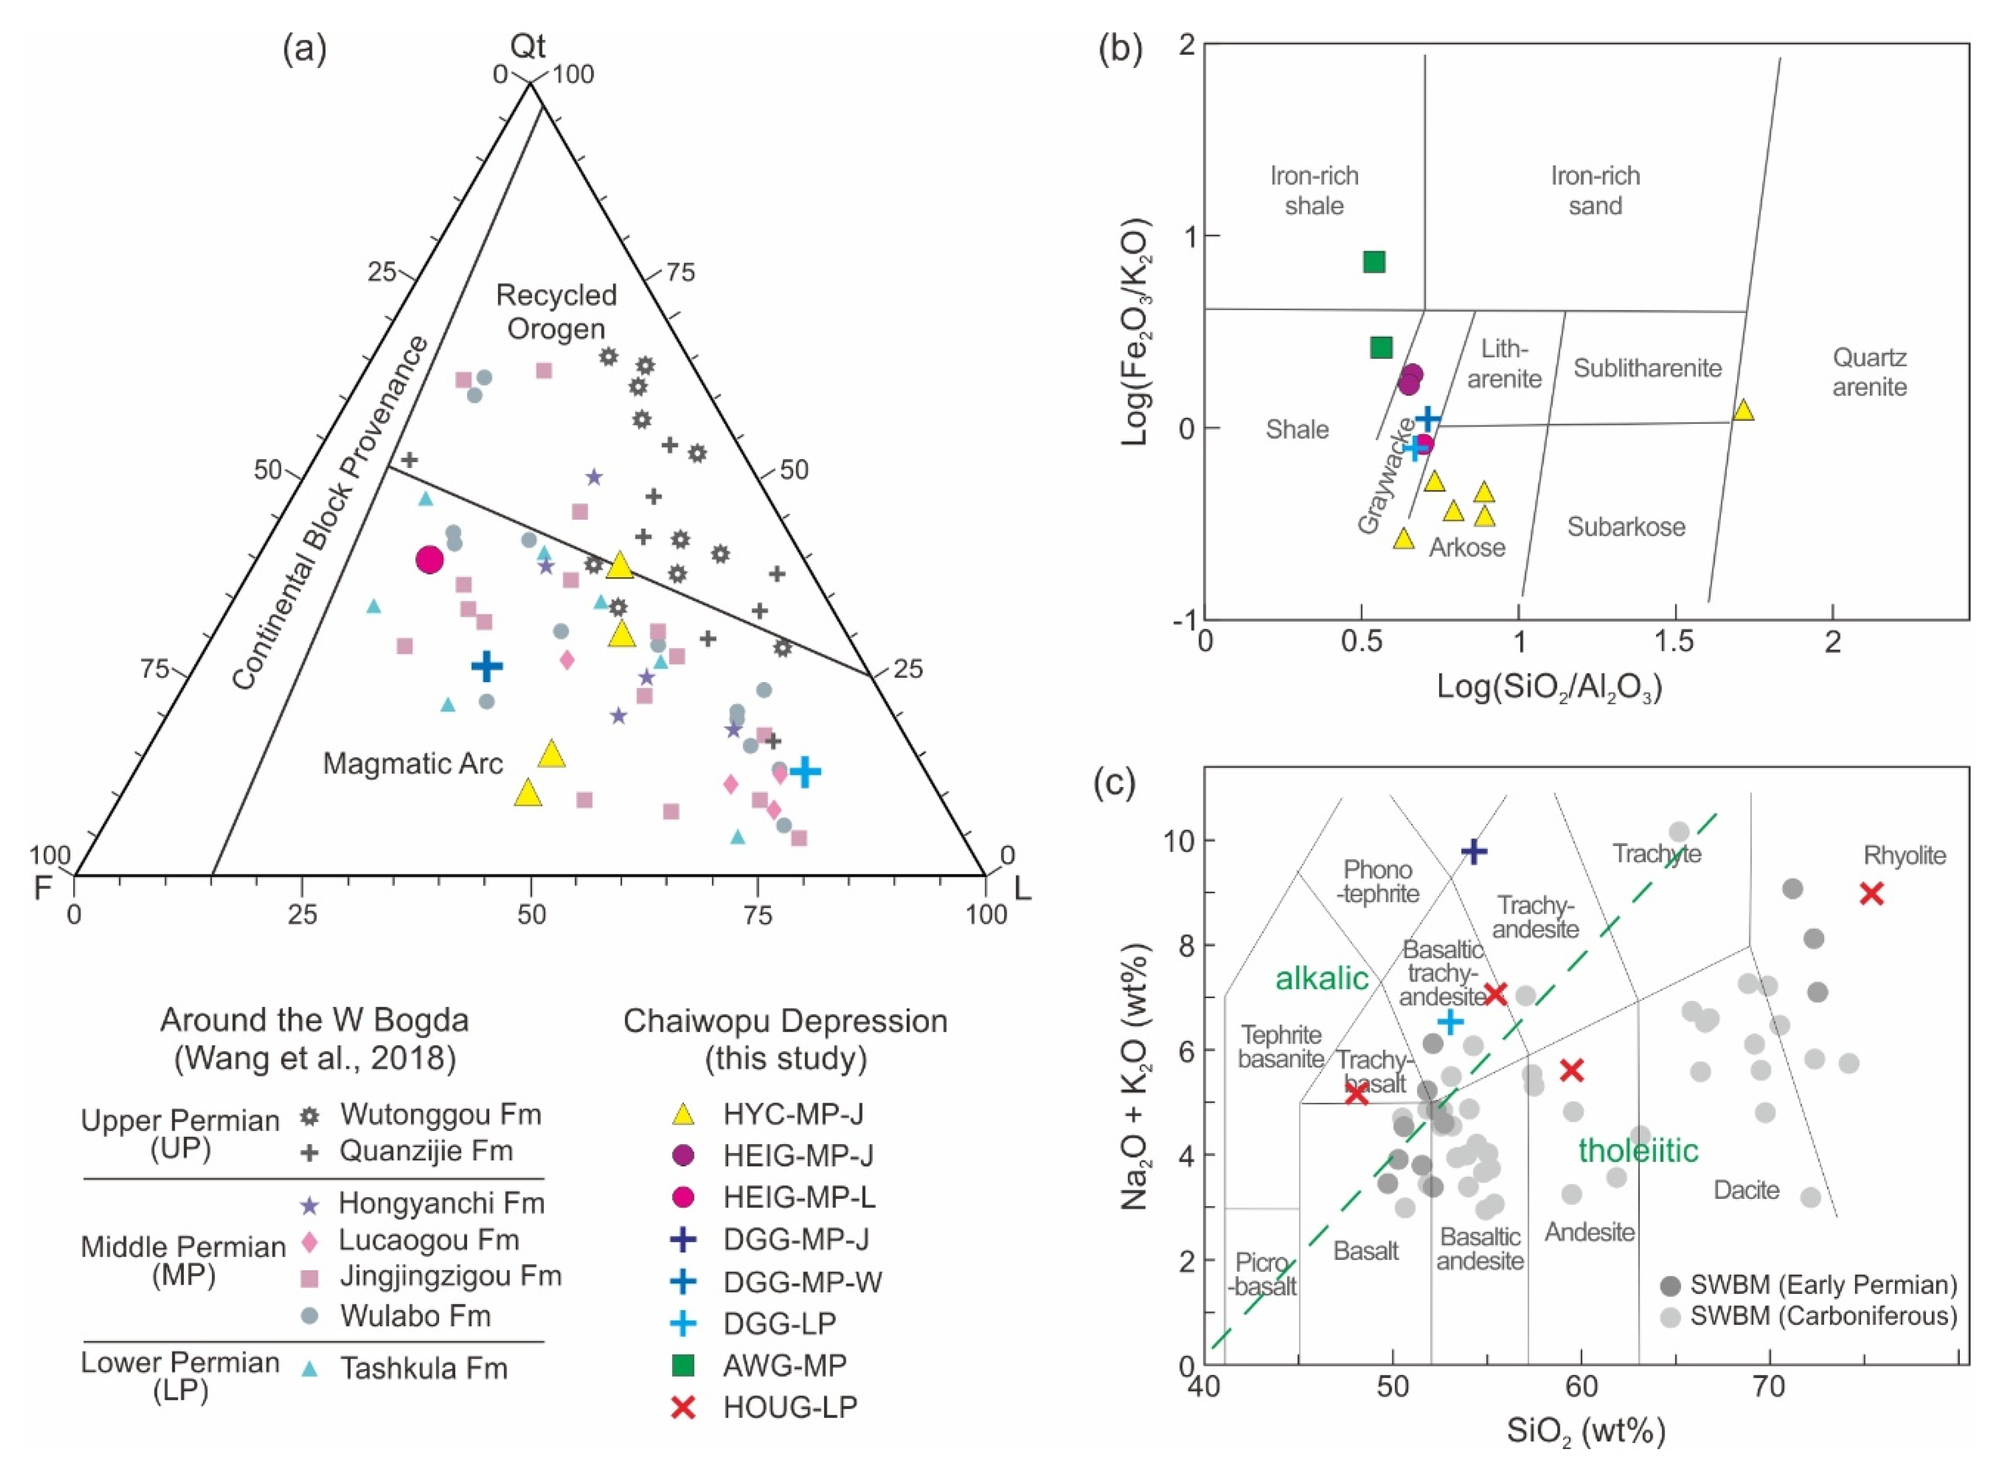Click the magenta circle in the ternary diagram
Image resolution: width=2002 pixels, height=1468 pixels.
pyautogui.click(x=429, y=560)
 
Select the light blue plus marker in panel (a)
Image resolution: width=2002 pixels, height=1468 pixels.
pyautogui.click(x=805, y=771)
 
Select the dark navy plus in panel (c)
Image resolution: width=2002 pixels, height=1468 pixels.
pyautogui.click(x=1473, y=851)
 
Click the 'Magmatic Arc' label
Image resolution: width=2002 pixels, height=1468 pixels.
pyautogui.click(x=413, y=763)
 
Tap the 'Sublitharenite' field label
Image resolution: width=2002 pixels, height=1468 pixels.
pyautogui.click(x=1647, y=368)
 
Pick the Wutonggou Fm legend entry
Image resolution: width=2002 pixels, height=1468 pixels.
pyautogui.click(x=440, y=1115)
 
